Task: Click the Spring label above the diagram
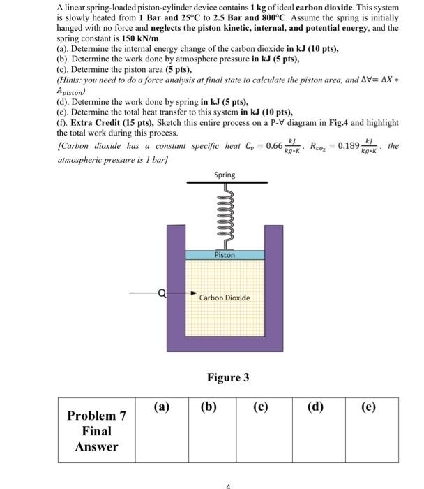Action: pyautogui.click(x=225, y=175)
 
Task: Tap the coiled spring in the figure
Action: pyautogui.click(x=225, y=216)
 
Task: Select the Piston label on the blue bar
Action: pyautogui.click(x=225, y=255)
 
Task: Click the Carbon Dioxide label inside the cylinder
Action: pyautogui.click(x=224, y=298)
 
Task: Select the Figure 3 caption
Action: pyautogui.click(x=227, y=378)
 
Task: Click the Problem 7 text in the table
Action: pyautogui.click(x=96, y=416)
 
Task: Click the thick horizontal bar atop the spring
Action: pyautogui.click(x=225, y=184)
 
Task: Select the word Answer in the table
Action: pyautogui.click(x=96, y=447)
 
